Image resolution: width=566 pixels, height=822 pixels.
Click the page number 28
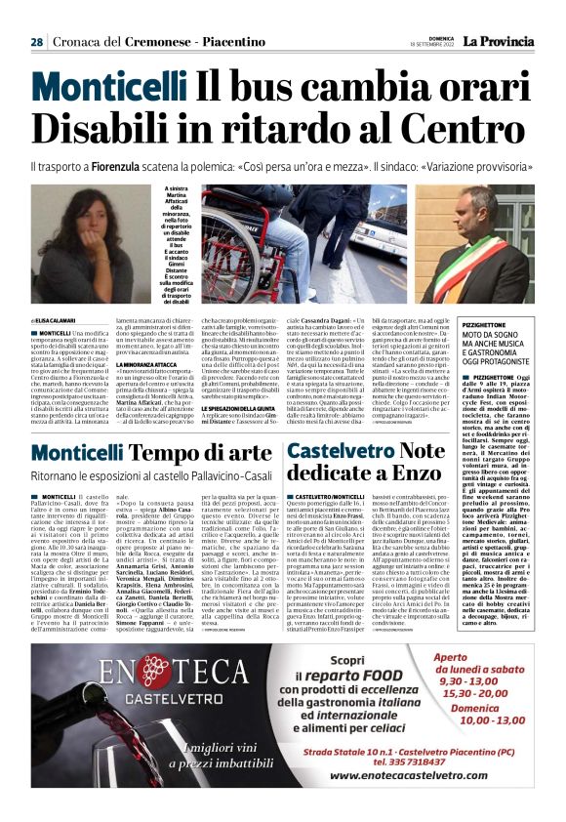(x=36, y=42)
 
